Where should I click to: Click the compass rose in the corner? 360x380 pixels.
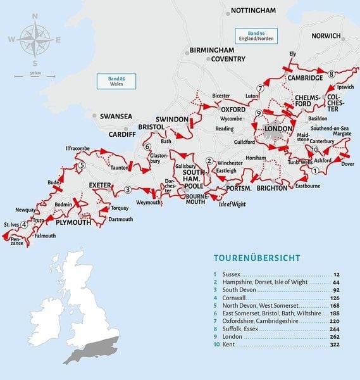pos(35,39)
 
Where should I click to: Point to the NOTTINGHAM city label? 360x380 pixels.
pos(253,11)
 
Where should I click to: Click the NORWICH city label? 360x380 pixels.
pos(326,36)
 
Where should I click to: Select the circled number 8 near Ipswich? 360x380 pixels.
pos(331,75)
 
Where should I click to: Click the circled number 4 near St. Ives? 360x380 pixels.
pos(24,224)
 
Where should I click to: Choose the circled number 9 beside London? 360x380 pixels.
pos(258,113)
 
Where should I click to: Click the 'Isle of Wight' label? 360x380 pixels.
pos(230,203)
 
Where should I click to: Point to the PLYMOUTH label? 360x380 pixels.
pos(75,223)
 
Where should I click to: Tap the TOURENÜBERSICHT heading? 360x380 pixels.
pos(257,258)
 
